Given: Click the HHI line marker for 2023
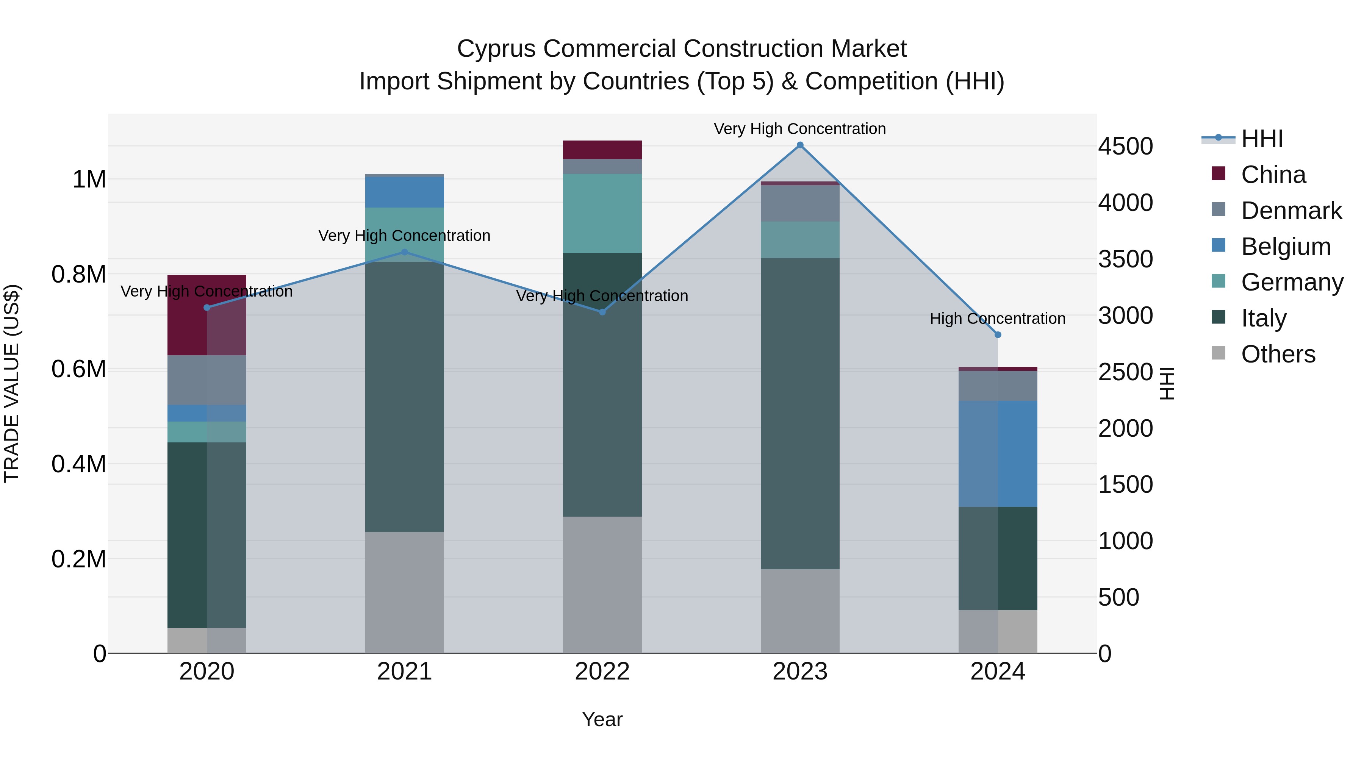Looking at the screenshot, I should pos(799,145).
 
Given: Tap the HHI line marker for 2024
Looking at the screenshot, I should pos(998,334).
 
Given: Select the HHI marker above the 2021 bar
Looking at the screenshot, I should pos(405,252).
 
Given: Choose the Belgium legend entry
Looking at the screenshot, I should pos(1285,247).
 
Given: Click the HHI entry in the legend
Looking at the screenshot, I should pos(1261,139).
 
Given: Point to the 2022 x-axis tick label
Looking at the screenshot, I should pos(602,672).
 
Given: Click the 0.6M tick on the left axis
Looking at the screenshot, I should pos(79,369).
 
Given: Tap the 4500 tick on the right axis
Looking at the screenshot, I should pos(1125,146).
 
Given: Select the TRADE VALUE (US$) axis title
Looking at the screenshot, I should pos(12,383).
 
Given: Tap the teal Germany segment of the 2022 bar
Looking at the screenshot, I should pos(602,213).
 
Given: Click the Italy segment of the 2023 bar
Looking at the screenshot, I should pos(799,413).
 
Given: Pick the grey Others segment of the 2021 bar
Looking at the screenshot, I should pos(405,592).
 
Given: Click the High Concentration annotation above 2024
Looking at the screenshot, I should pos(998,319).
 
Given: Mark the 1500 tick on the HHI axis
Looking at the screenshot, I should pos(1125,484).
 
